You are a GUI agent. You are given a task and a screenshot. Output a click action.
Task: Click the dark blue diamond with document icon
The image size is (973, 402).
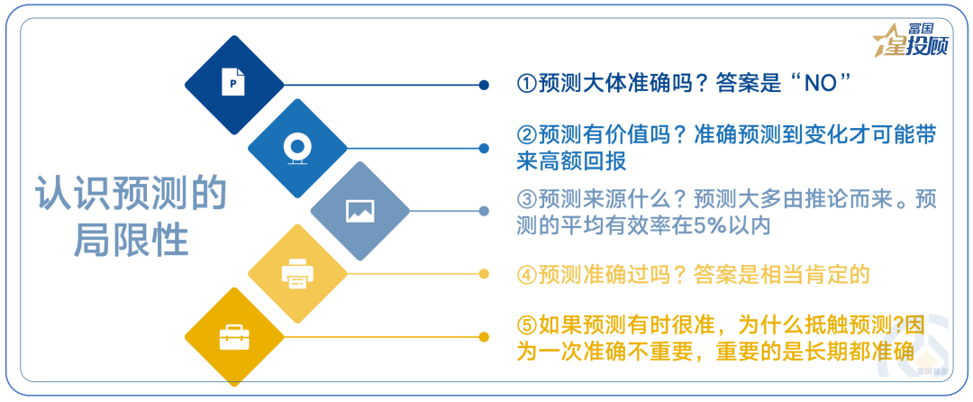tap(233, 85)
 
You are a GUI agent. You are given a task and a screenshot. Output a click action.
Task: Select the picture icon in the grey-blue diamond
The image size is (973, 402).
tap(359, 211)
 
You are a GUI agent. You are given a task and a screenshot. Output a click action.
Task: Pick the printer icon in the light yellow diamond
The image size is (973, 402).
tap(296, 273)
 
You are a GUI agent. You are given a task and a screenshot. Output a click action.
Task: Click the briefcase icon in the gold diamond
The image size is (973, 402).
tap(233, 336)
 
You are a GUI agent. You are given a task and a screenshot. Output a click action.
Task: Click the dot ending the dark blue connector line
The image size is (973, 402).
tap(485, 85)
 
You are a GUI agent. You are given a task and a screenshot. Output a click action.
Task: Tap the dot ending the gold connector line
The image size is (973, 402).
tap(485, 337)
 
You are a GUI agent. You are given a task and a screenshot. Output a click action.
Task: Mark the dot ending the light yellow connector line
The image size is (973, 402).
tap(485, 274)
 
